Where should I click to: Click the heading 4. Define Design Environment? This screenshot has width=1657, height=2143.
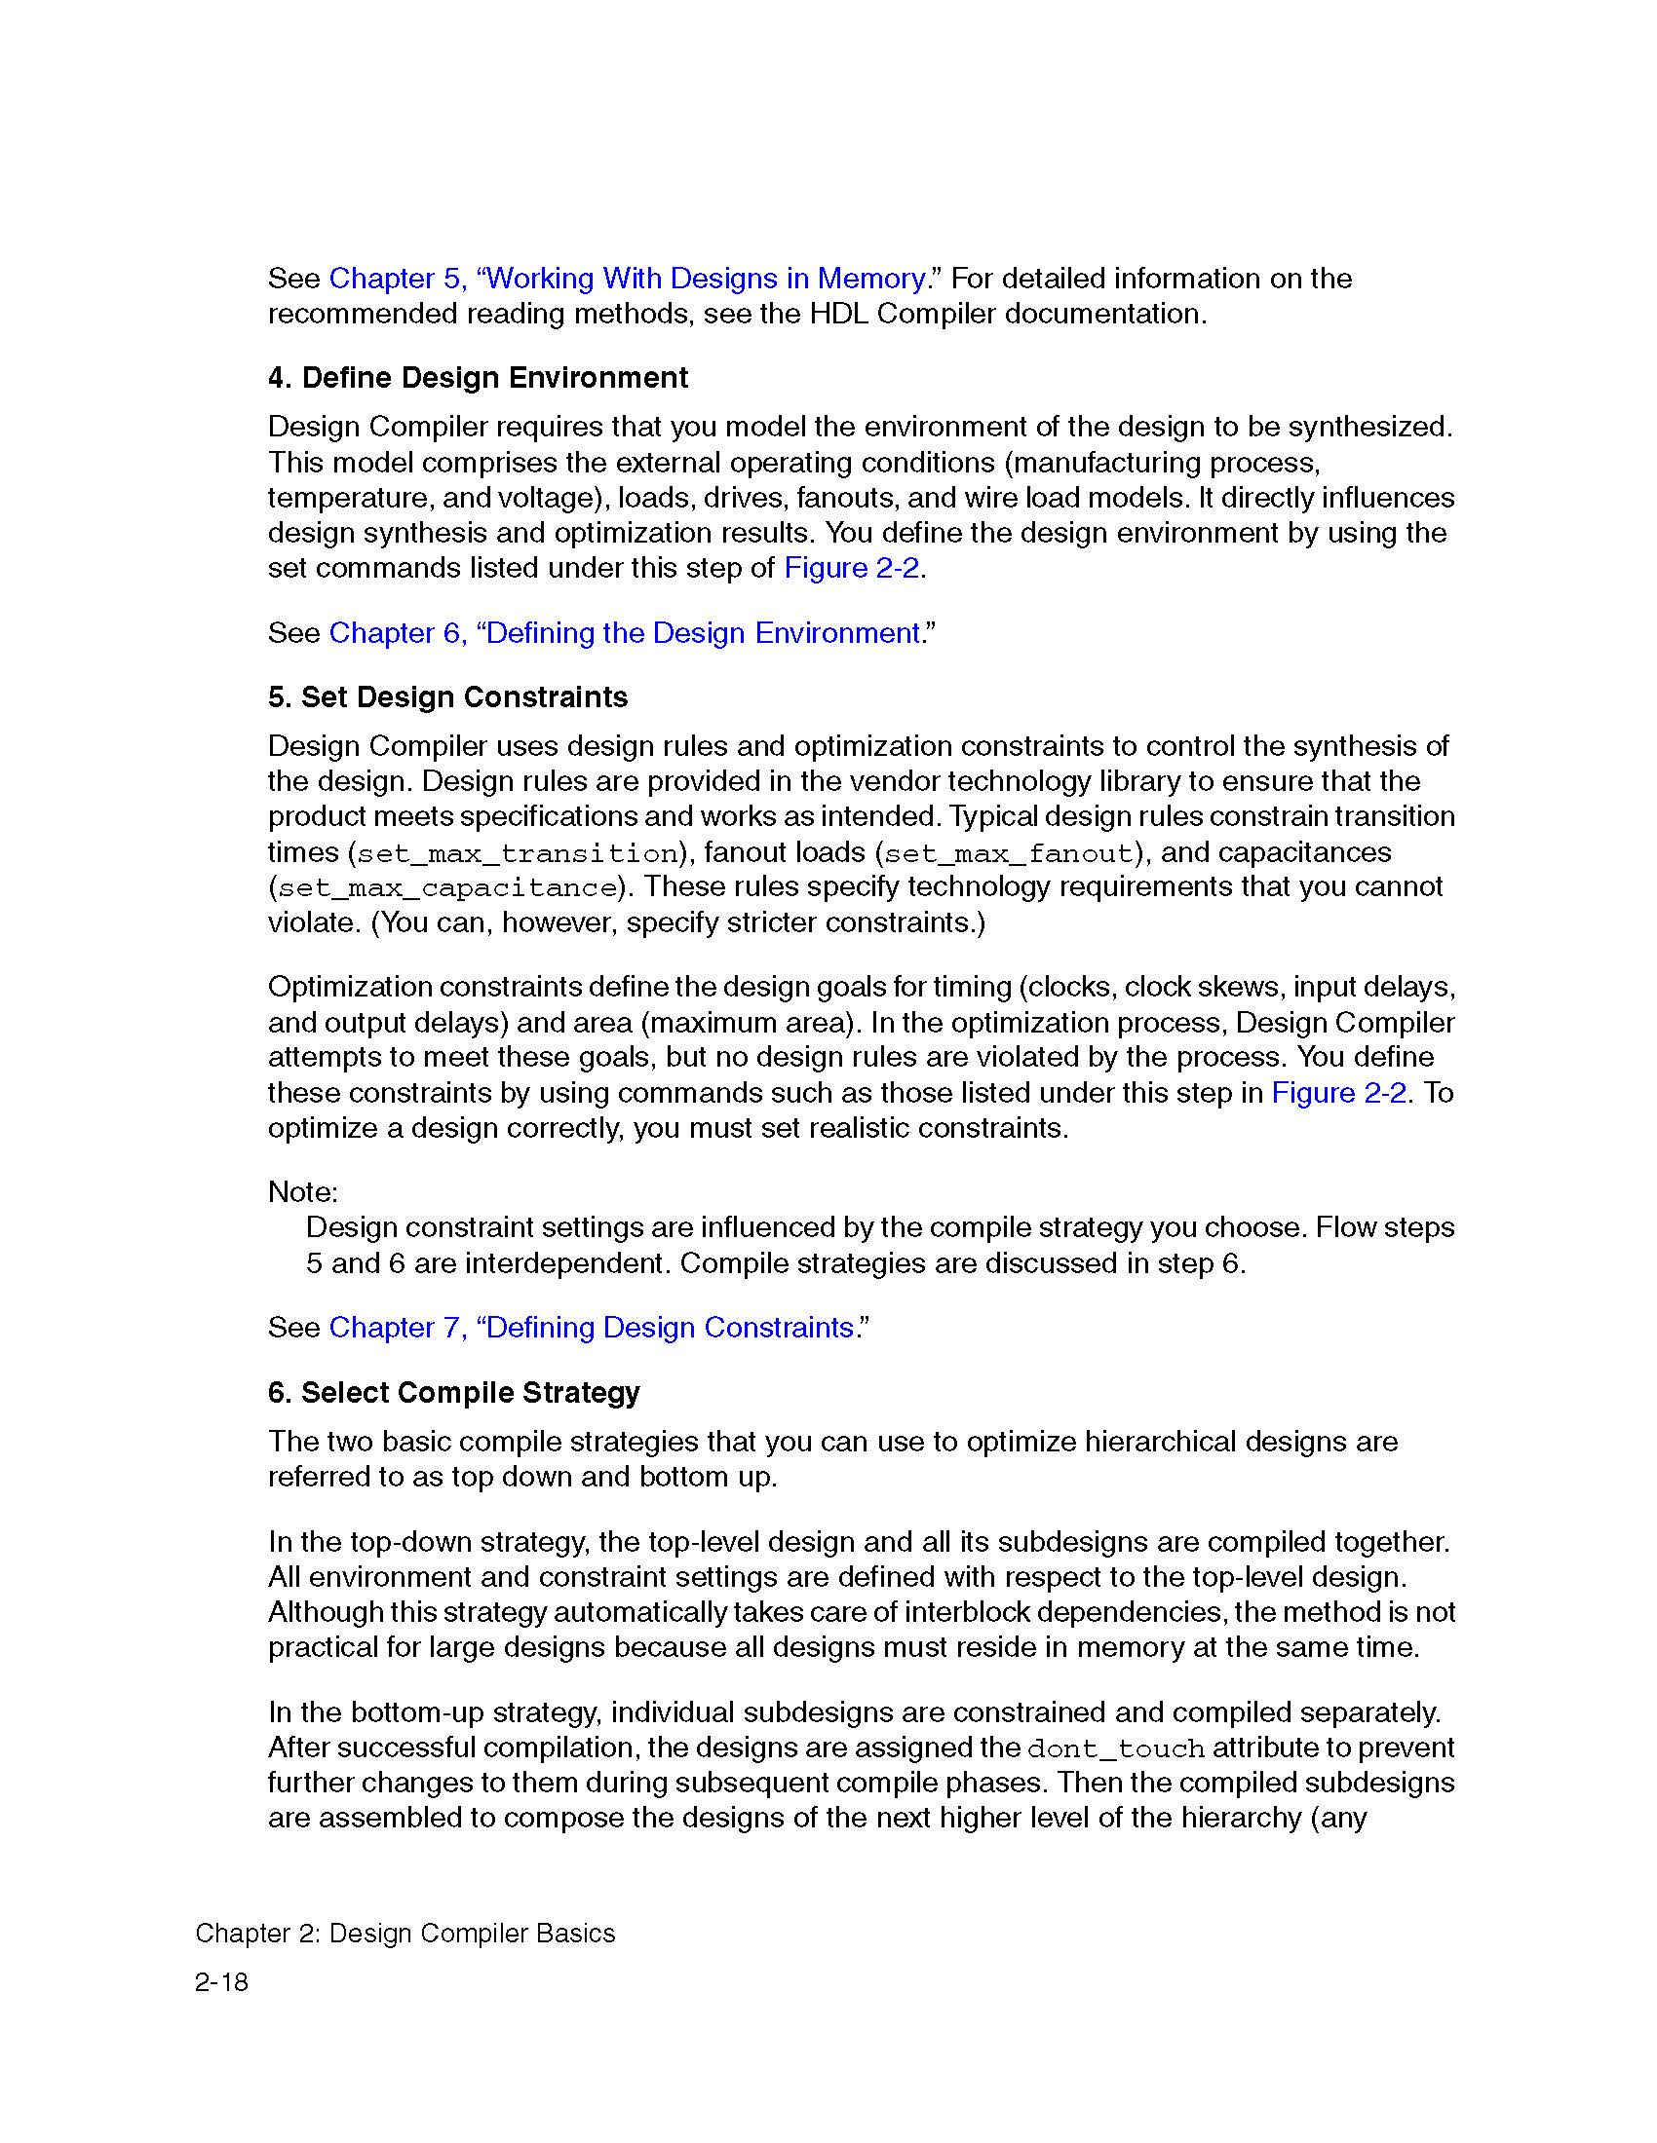click(x=477, y=378)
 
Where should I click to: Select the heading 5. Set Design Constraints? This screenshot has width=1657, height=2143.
click(x=447, y=696)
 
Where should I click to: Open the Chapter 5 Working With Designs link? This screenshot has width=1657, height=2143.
click(x=628, y=279)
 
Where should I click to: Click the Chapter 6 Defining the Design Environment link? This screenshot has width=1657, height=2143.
click(x=625, y=633)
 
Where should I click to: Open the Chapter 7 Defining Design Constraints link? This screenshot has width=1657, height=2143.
click(x=591, y=1327)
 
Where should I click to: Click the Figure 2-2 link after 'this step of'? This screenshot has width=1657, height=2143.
click(x=851, y=568)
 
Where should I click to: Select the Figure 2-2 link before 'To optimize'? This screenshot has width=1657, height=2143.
click(x=1338, y=1092)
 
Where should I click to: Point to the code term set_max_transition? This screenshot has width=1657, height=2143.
click(x=518, y=853)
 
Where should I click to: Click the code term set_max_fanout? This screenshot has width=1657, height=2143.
click(x=1009, y=853)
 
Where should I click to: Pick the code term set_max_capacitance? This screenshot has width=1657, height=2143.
click(x=446, y=889)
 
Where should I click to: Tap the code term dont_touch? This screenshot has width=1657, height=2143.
click(x=1115, y=1748)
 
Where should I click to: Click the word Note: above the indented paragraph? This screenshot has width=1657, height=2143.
click(x=302, y=1192)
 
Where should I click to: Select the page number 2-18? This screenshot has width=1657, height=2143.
click(x=222, y=1982)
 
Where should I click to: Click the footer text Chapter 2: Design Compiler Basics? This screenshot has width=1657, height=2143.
click(x=405, y=1933)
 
